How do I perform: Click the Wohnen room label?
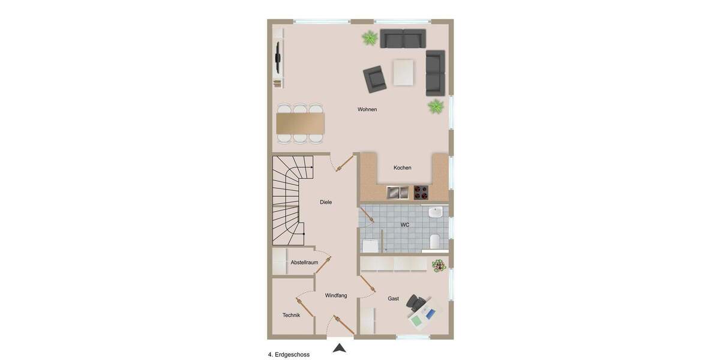[367, 109]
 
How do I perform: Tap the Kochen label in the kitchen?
[403, 168]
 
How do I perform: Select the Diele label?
[326, 202]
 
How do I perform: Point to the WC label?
[405, 225]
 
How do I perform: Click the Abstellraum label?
[304, 262]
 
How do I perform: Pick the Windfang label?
[336, 295]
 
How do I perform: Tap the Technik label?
[291, 315]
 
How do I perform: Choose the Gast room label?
[393, 298]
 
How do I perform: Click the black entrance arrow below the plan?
[340, 347]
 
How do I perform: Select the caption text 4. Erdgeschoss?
[289, 355]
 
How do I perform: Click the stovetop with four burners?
[421, 192]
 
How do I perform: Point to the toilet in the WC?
[436, 242]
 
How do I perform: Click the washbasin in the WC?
[436, 212]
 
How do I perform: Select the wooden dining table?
[300, 124]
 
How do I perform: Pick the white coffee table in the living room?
[403, 73]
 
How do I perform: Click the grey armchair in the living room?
[375, 79]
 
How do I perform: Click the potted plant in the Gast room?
[439, 265]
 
